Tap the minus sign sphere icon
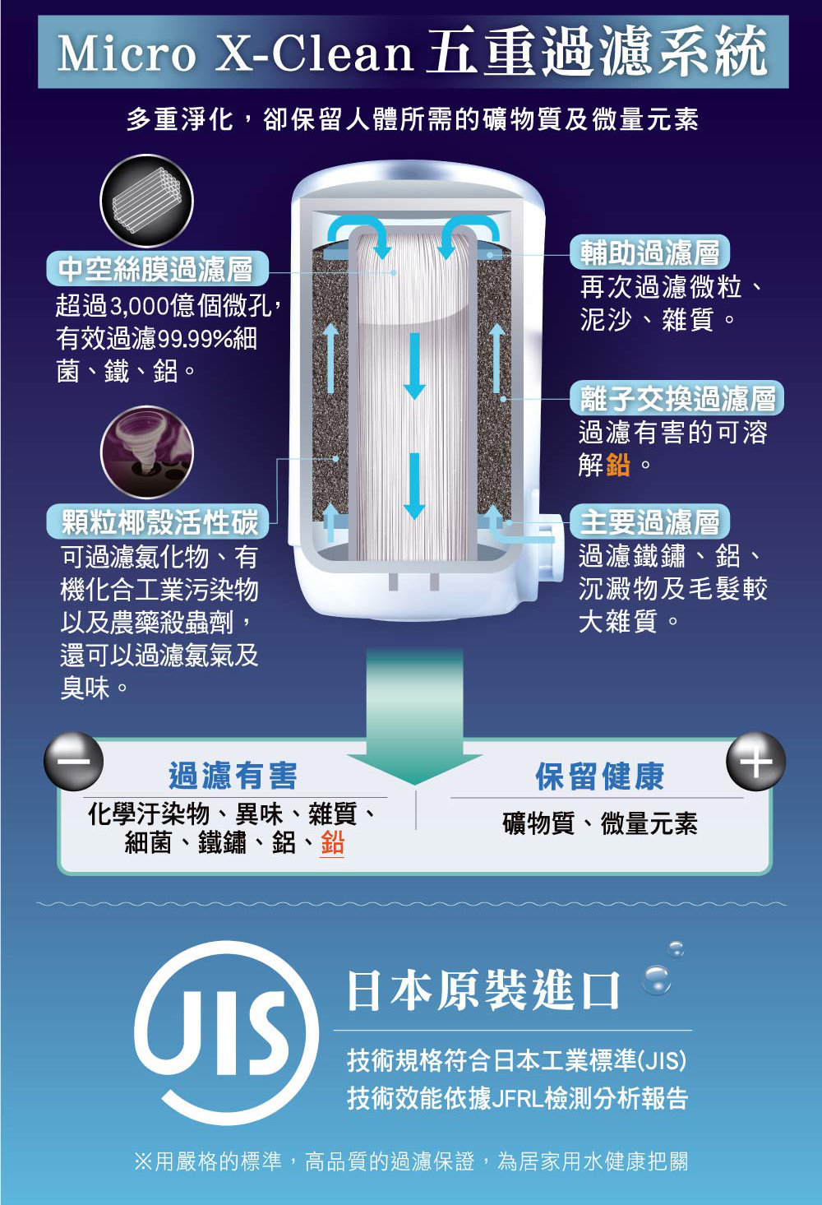[73, 761]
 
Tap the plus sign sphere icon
[755, 761]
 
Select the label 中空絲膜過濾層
[156, 268]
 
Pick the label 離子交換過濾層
[677, 398]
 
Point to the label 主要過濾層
[649, 521]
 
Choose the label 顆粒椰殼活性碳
[158, 521]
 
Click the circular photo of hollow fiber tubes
[147, 201]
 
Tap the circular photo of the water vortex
[147, 452]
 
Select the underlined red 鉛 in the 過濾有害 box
[332, 842]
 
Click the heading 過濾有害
[233, 776]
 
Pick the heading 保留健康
[599, 776]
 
